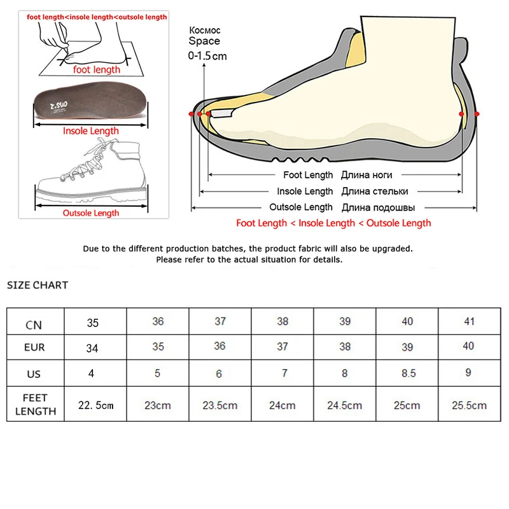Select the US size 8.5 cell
coord(407,373)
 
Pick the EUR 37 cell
coord(282,347)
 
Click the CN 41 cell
coord(470,321)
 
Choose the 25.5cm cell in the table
coord(469,405)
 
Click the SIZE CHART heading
coord(38,285)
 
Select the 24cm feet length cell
coord(282,405)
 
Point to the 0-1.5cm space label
coord(207,56)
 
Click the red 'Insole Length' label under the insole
coord(90,131)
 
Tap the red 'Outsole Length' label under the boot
coord(90,213)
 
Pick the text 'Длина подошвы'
coord(379,207)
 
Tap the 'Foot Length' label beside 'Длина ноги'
coord(308,175)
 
